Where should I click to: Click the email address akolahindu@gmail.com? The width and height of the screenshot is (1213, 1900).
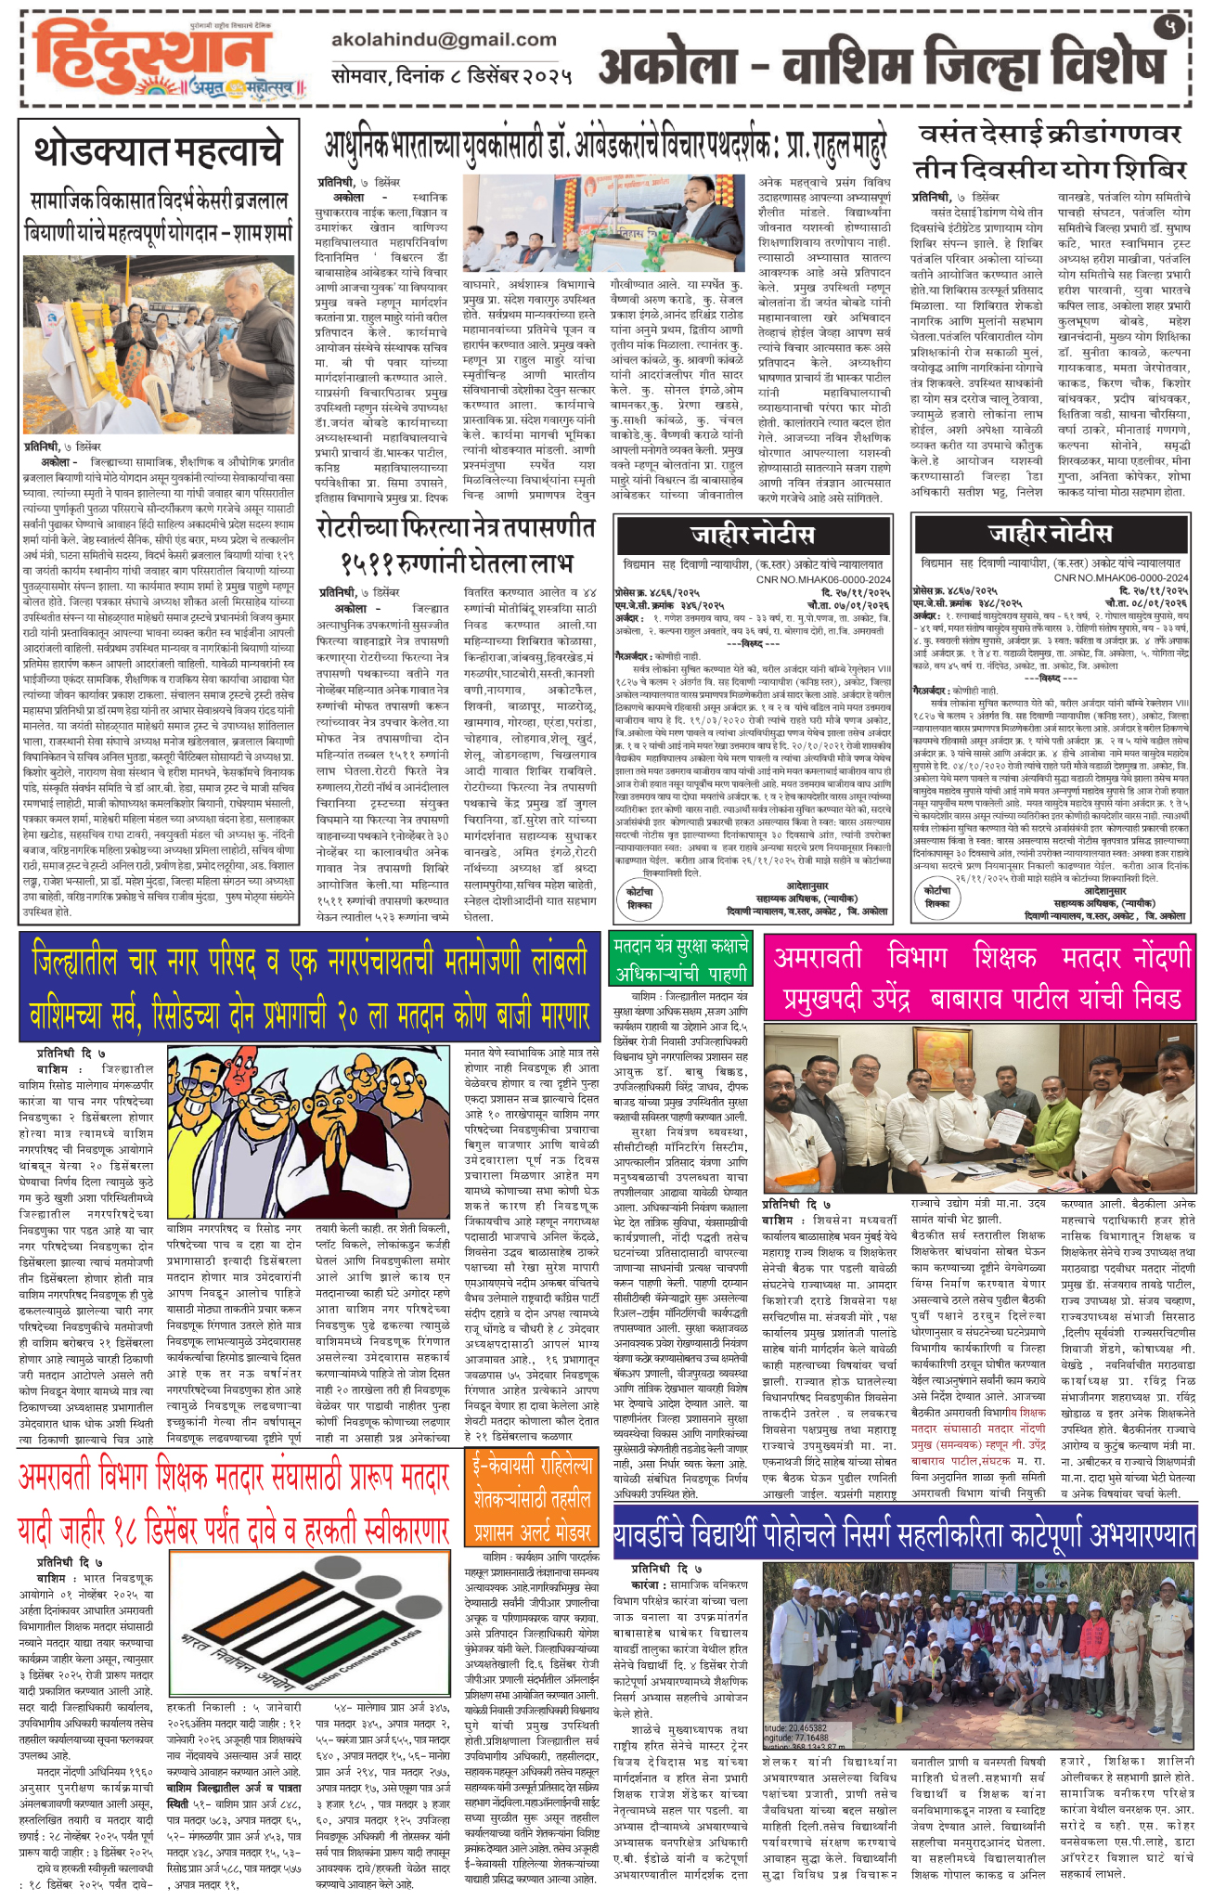(x=443, y=40)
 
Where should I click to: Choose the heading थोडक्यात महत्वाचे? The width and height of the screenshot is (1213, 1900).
(x=158, y=151)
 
